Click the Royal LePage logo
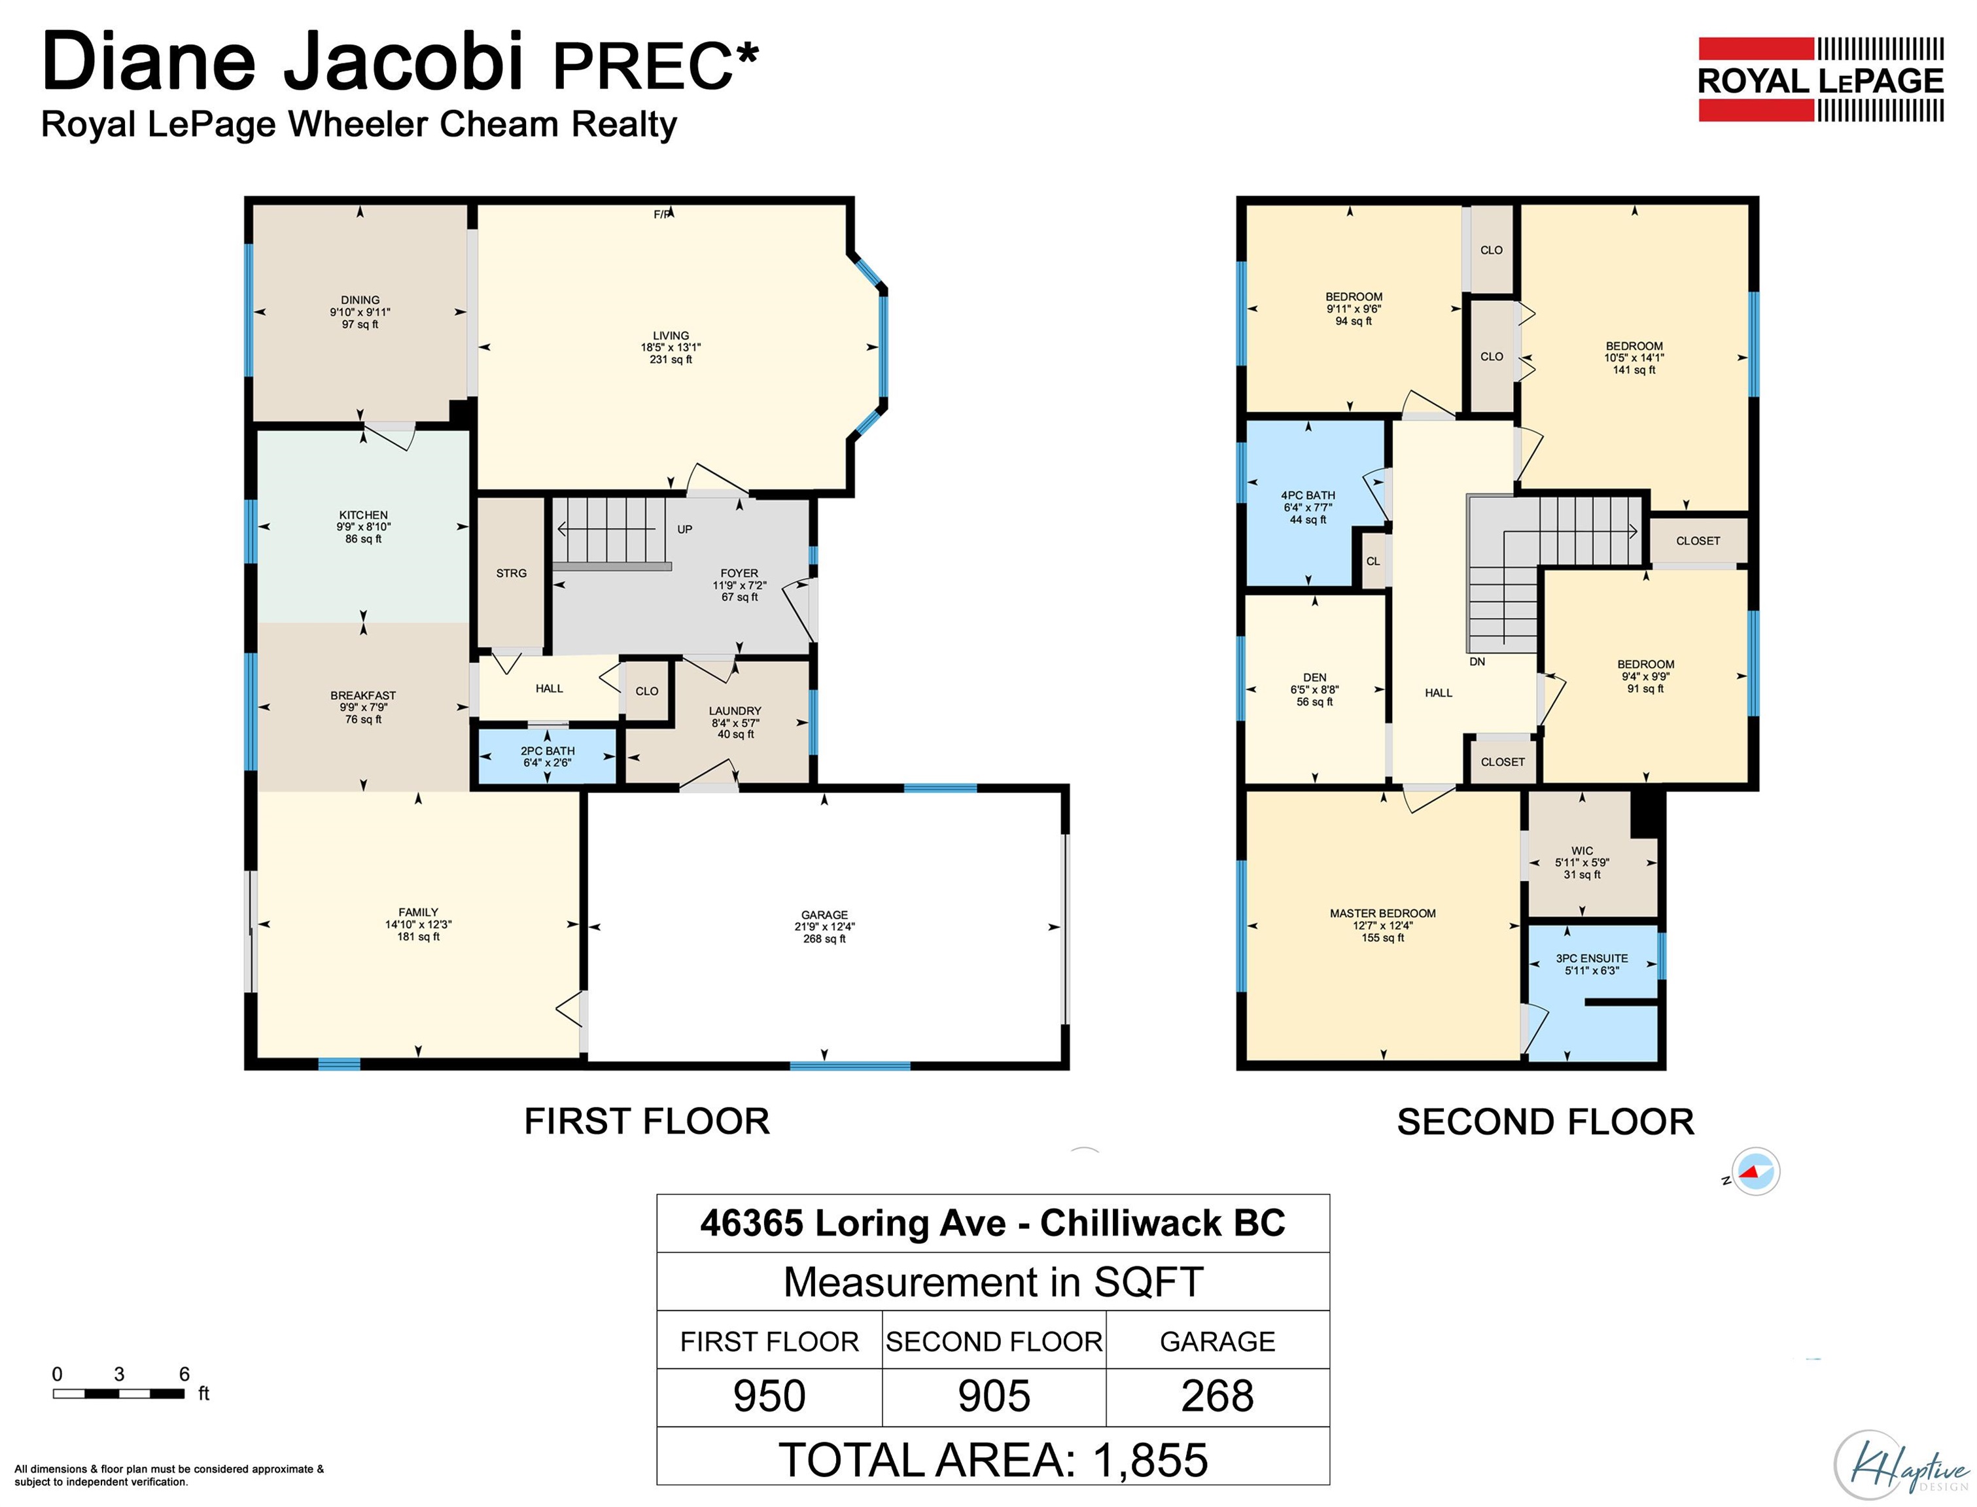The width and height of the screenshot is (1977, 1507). (1820, 79)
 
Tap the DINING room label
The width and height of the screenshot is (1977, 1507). (360, 300)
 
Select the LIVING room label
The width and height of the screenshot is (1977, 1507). (671, 336)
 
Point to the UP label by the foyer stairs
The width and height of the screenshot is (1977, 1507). (684, 529)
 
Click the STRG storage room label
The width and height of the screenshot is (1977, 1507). (512, 573)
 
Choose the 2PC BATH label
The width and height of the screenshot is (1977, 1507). (547, 751)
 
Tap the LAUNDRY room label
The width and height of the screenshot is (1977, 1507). (735, 710)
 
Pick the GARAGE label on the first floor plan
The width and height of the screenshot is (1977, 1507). (824, 915)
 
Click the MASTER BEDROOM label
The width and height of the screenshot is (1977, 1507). (1382, 913)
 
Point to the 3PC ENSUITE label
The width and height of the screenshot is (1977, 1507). (1591, 958)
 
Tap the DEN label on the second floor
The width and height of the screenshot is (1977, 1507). (1314, 677)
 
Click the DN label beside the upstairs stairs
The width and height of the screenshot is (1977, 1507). (1477, 661)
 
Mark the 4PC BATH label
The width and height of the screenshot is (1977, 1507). (1308, 495)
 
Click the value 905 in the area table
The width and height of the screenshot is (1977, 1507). (993, 1395)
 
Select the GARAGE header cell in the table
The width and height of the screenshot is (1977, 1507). (1217, 1341)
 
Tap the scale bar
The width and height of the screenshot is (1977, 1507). (118, 1393)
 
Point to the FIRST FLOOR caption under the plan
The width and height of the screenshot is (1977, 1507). (647, 1121)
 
